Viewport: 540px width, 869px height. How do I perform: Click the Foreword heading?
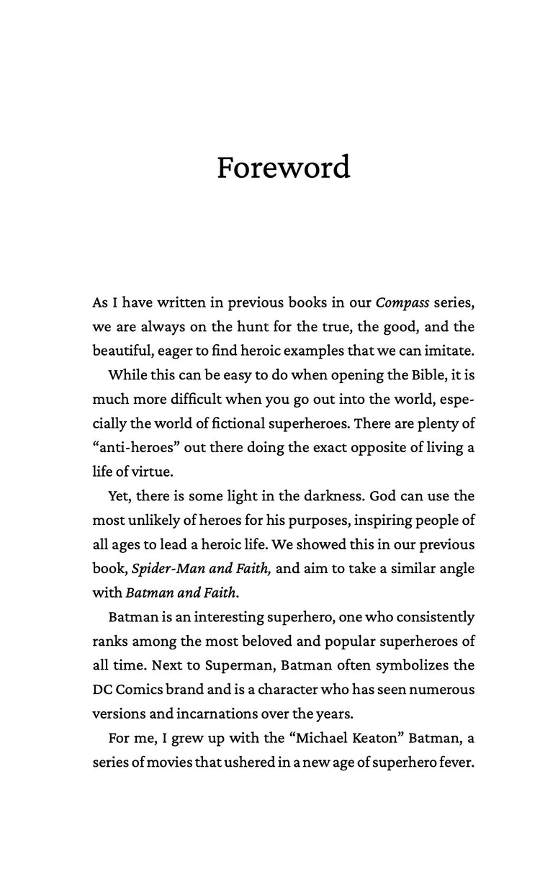[284, 168]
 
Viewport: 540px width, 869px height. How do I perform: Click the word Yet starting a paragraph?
[120, 496]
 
